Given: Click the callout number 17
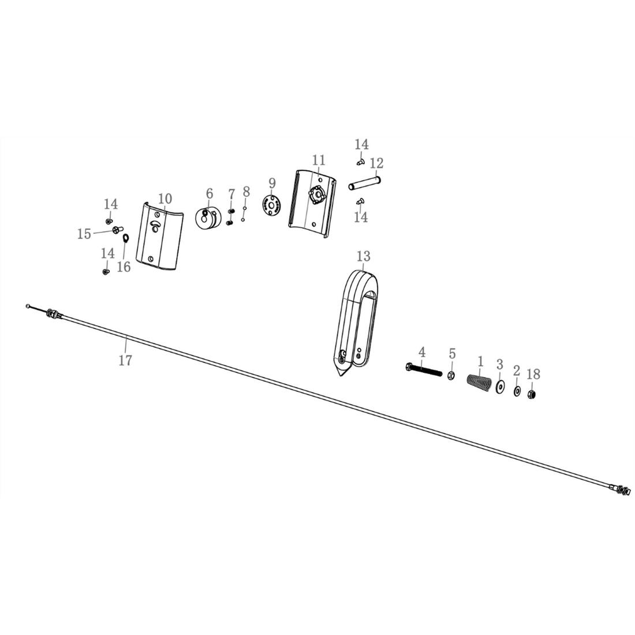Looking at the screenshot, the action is [x=125, y=360].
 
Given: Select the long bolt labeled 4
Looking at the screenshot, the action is [x=423, y=369].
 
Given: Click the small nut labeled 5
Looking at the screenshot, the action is [x=451, y=376].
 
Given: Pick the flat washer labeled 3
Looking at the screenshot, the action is [x=500, y=387].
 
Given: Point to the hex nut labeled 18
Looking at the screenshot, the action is [x=533, y=394].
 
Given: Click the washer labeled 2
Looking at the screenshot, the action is [x=517, y=391].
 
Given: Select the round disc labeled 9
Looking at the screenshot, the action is [x=271, y=204].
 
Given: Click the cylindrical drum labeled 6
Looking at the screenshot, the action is [x=208, y=219].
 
